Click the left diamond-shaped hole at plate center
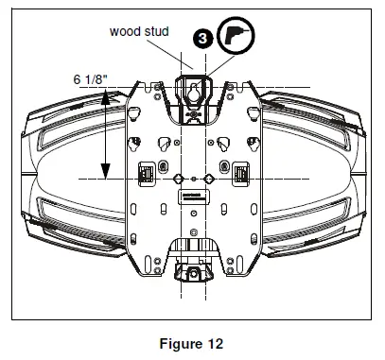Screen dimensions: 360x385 [x=175, y=179]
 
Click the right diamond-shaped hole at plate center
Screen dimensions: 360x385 [x=212, y=179]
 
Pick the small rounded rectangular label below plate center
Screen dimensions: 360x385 [x=193, y=198]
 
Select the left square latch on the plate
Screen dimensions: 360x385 [x=148, y=174]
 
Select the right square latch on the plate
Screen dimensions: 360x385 [x=239, y=174]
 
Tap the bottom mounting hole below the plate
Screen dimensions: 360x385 [x=193, y=275]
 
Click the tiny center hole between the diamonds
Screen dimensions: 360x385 [x=193, y=179]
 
